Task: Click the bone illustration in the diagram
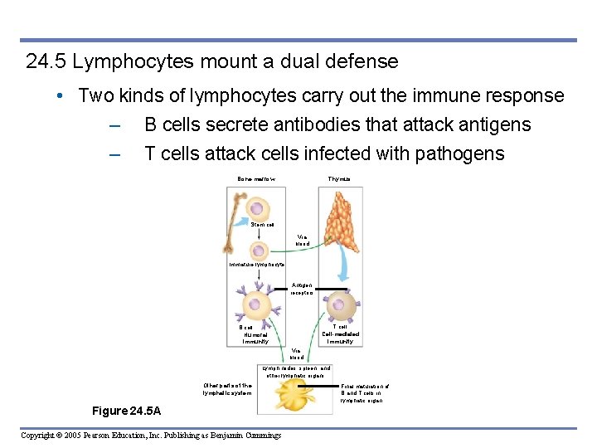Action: click(x=234, y=221)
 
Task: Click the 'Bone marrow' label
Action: click(x=256, y=179)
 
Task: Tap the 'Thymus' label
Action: click(x=338, y=179)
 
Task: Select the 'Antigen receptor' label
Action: click(x=302, y=289)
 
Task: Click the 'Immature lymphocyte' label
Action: click(x=257, y=265)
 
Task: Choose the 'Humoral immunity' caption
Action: click(x=255, y=334)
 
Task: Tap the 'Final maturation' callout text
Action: click(x=365, y=393)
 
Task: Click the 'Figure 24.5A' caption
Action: click(x=127, y=411)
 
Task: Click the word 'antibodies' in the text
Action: click(x=323, y=124)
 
